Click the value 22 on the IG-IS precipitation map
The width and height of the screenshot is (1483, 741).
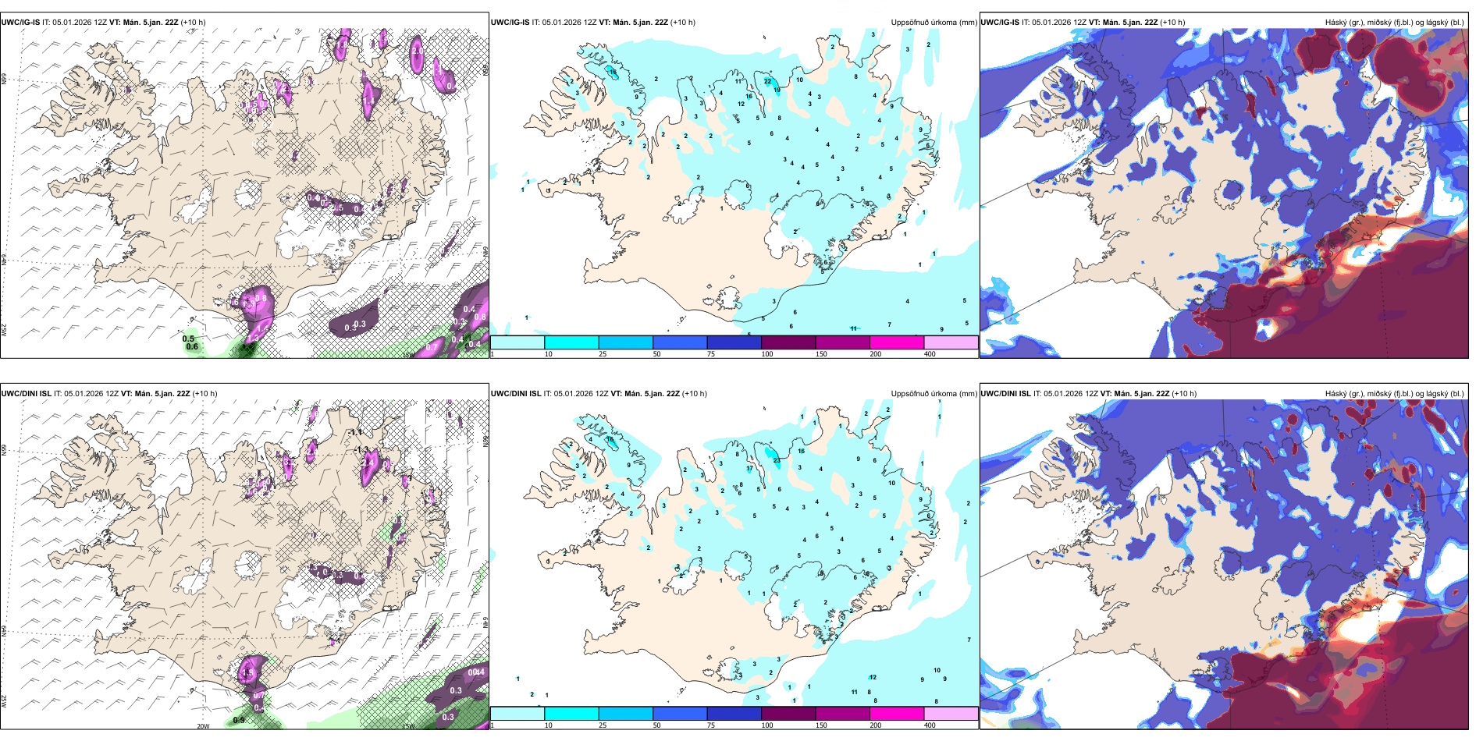tap(768, 81)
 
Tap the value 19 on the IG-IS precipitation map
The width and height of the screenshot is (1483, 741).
tap(777, 90)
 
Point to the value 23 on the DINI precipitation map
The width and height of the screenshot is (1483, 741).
tap(777, 460)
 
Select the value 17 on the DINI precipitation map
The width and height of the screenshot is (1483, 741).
tap(749, 469)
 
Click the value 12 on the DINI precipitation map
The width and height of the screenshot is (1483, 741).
tap(873, 677)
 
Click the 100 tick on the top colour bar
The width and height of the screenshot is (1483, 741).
tap(767, 354)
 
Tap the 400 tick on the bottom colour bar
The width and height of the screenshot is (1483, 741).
tap(930, 725)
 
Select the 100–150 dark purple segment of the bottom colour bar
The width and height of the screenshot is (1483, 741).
tap(788, 714)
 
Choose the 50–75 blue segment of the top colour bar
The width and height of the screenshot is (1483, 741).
tap(679, 342)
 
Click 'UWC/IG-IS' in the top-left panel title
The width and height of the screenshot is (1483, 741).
tap(20, 23)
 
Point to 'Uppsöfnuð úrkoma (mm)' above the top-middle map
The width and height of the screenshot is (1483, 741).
tap(934, 23)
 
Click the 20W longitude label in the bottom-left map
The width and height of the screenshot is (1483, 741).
tap(203, 726)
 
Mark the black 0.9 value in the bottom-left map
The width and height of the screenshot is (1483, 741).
tap(239, 720)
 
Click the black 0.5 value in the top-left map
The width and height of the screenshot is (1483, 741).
tap(188, 339)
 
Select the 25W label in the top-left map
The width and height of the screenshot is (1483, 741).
tap(5, 330)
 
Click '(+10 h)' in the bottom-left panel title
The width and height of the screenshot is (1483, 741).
tap(204, 394)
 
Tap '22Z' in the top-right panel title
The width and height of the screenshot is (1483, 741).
tap(1150, 23)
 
